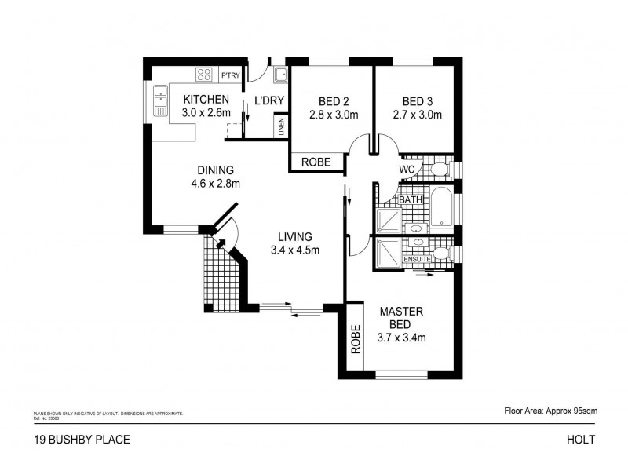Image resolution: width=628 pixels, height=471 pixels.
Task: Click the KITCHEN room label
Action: [206, 100]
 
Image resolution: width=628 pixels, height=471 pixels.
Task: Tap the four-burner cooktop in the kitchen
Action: [204, 75]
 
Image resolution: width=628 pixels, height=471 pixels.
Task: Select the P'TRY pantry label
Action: [230, 75]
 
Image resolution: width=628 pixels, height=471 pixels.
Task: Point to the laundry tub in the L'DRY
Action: [279, 75]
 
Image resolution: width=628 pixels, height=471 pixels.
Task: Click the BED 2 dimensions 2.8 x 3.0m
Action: [334, 115]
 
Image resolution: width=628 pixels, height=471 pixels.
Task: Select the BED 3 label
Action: [417, 100]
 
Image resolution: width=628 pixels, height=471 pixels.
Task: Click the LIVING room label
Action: [294, 236]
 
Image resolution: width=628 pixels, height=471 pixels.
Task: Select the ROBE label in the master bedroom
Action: [356, 339]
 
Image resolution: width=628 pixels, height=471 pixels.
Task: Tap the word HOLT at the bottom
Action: [582, 439]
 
